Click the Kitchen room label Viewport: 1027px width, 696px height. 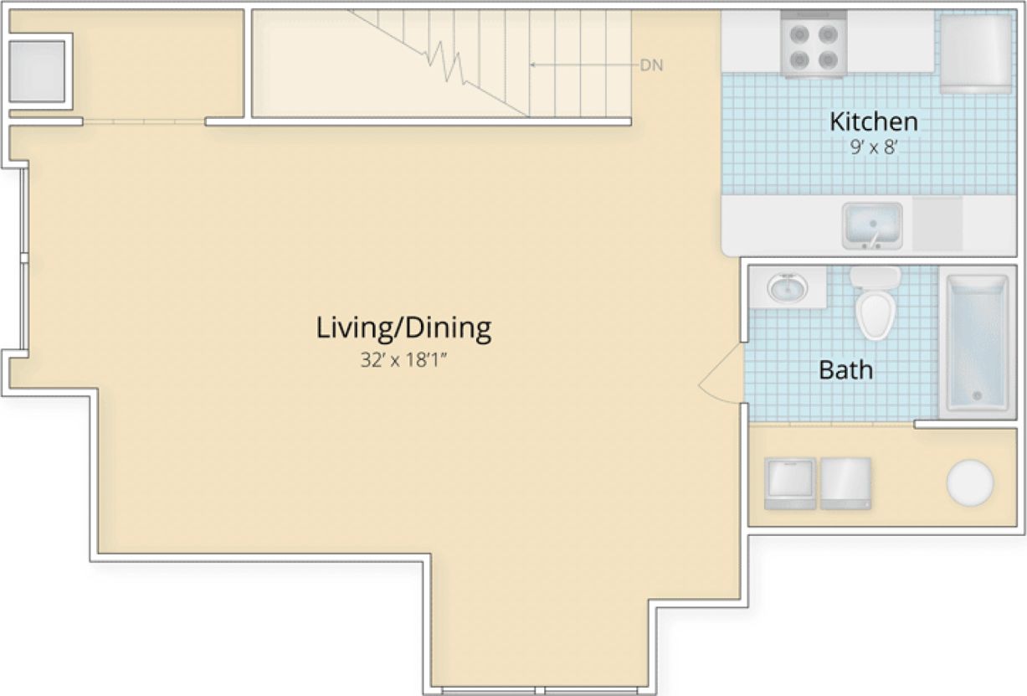tap(873, 121)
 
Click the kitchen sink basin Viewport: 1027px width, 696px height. tap(871, 224)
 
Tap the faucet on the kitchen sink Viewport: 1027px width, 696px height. tap(871, 241)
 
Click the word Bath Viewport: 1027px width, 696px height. tap(845, 369)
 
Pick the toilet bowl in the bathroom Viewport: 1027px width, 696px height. tap(876, 315)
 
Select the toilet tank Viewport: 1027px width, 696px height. tap(876, 277)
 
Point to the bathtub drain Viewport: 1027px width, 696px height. tap(975, 395)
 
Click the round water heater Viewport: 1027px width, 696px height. tap(969, 482)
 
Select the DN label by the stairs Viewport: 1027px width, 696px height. tap(651, 66)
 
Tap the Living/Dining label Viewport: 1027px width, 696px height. tap(403, 327)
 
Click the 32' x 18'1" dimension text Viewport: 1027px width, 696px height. tap(403, 361)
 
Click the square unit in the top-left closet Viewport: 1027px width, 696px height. tap(37, 71)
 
